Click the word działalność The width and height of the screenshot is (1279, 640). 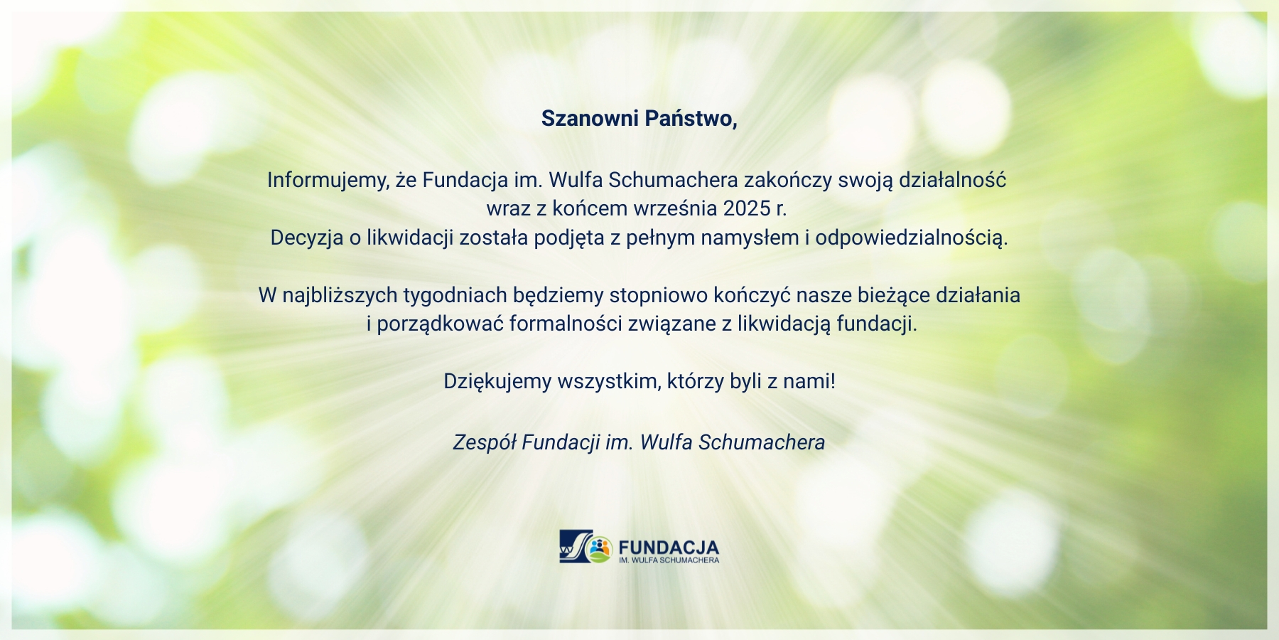[x=953, y=180]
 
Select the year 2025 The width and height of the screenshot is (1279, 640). [x=748, y=208]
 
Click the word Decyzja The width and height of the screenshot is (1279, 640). [x=307, y=238]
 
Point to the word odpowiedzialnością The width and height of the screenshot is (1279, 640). [x=912, y=238]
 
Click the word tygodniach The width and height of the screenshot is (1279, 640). [x=455, y=295]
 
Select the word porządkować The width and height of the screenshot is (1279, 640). [x=440, y=324]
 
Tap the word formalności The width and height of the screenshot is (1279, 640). [x=566, y=324]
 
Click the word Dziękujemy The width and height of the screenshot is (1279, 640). [x=497, y=382]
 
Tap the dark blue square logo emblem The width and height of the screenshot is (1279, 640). [x=576, y=546]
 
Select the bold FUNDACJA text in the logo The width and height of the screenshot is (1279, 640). [x=669, y=548]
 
